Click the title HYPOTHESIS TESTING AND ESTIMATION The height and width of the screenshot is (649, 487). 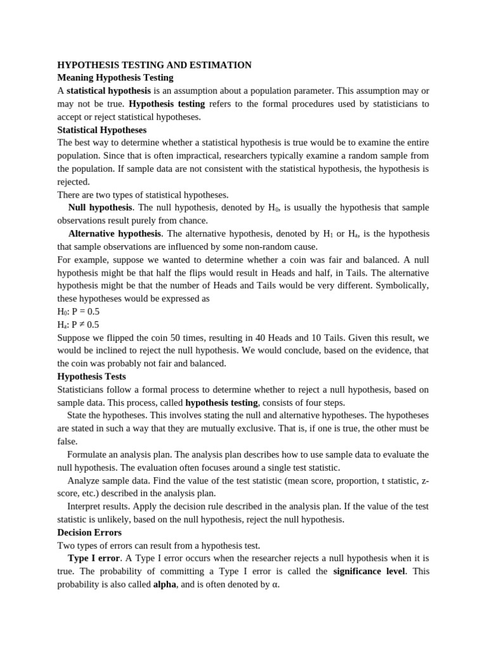(154, 65)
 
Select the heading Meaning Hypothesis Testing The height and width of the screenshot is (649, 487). (115, 78)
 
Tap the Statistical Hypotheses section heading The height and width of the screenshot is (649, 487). (101, 130)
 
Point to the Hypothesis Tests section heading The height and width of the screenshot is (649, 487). (91, 376)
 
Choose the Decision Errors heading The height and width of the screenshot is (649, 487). (89, 532)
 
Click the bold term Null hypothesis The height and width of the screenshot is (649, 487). (100, 208)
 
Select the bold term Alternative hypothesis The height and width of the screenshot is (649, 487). (114, 234)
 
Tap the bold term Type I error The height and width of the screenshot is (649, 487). (93, 558)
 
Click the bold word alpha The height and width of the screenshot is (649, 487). (164, 584)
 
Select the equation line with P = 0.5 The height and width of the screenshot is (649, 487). (78, 312)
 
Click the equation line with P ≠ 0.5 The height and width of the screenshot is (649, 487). (78, 324)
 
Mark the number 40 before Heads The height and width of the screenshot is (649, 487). (256, 338)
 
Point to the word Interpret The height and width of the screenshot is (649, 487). (84, 506)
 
